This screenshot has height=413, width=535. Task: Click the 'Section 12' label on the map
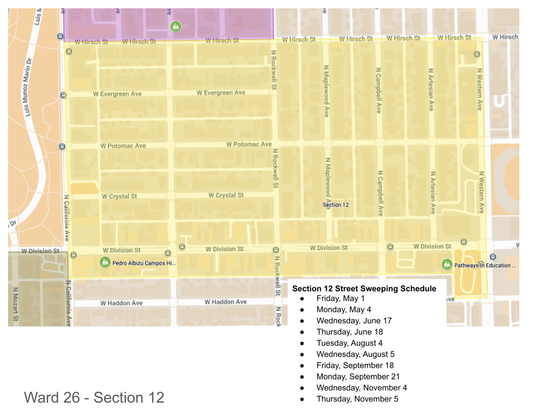[335, 205]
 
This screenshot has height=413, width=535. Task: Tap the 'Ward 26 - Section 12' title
[94, 397]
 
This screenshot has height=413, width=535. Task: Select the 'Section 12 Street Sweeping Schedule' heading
[364, 288]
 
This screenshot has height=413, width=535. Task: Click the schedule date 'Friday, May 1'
[340, 298]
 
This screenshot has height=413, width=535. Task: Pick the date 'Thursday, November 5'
[357, 399]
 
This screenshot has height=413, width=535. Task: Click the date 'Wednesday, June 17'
[354, 320]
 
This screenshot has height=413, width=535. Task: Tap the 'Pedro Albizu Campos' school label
[144, 263]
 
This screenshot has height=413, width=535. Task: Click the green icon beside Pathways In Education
[446, 264]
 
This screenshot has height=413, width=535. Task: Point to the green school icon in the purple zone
[176, 26]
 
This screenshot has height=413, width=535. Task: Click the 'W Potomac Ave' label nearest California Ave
[123, 146]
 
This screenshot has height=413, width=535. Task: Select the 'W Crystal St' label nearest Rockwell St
[226, 195]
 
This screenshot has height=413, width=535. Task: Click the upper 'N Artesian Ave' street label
[431, 90]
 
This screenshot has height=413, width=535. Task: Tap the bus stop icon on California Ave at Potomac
[62, 147]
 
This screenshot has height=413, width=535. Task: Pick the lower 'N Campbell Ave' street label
[379, 193]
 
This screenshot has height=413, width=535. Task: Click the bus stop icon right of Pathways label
[493, 257]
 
